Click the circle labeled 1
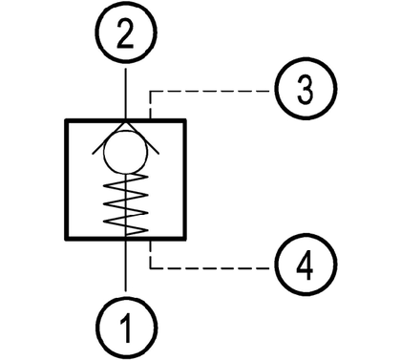[95, 328]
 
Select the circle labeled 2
[95, 32]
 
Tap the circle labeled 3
[275, 89]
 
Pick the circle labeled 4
[275, 265]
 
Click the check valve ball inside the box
[104, 152]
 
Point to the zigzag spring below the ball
[126, 202]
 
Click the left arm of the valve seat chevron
[109, 138]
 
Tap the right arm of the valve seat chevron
[142, 138]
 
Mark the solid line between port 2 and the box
[126, 94]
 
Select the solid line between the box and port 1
[126, 265]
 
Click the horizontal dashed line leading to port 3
[210, 92]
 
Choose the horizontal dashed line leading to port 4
[210, 268]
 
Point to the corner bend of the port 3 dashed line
[150, 92]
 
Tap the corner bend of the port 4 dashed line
[150, 268]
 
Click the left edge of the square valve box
[67, 180]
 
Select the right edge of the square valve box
[184, 180]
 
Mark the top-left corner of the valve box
[66, 120]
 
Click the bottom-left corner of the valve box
[66, 239]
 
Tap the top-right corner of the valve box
[185, 120]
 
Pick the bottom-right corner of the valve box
[185, 239]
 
